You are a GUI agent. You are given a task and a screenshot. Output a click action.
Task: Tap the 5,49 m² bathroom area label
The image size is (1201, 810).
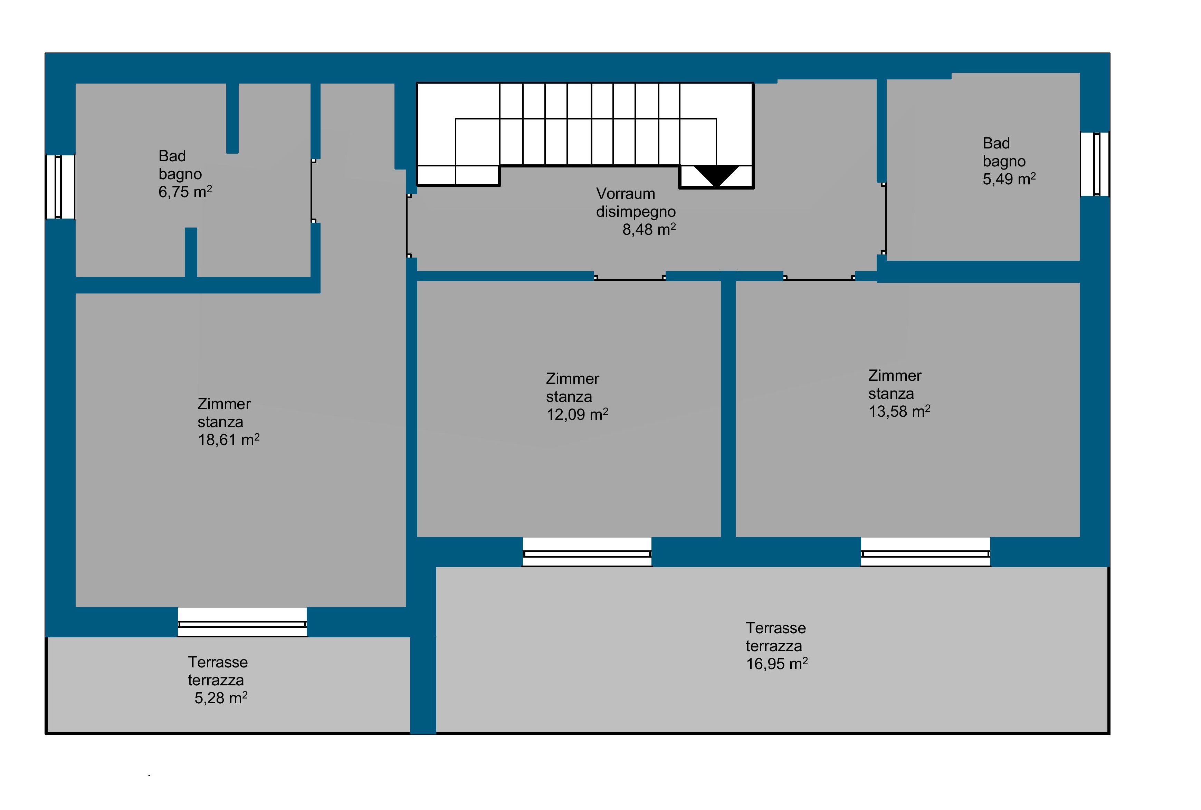pos(1009,179)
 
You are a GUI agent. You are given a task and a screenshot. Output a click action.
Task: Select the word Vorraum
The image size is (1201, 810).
pos(625,194)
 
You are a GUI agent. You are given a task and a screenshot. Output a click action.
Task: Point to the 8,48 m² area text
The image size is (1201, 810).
pos(649,229)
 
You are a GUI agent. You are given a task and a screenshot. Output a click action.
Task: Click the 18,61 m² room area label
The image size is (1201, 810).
pos(228,440)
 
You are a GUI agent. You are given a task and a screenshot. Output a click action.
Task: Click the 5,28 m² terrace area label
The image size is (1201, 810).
pos(221,698)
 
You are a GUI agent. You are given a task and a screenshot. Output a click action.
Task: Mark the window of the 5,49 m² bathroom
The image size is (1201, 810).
pos(1095,164)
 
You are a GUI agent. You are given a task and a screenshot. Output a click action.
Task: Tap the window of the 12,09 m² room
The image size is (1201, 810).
pos(587,552)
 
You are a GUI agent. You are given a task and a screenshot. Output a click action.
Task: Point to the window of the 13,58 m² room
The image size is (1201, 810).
pos(926,552)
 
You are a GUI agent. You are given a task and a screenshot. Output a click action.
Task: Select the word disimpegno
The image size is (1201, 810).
pos(636,212)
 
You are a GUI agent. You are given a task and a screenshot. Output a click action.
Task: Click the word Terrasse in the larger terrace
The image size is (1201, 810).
pos(776,628)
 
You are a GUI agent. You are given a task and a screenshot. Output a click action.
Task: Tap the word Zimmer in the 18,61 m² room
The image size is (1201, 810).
pos(224,404)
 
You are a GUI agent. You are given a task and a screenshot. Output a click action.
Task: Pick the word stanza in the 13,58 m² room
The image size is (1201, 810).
pos(891,394)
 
